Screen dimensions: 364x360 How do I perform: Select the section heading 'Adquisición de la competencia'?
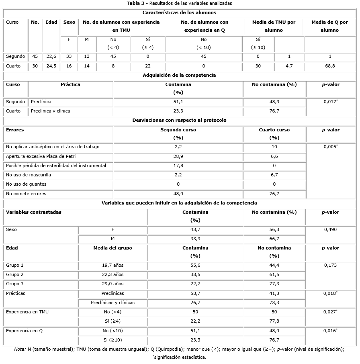pos(180,75)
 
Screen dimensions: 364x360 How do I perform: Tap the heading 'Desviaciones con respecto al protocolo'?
pos(179,120)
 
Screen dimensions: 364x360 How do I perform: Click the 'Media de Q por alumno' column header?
pos(330,26)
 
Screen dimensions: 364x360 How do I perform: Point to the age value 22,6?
pos(51,57)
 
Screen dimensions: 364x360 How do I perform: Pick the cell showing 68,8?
pos(330,66)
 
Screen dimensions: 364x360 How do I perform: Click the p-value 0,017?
pos(330,102)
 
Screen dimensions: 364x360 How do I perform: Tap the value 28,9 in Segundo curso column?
pos(178,156)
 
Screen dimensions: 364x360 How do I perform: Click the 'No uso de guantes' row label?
pos(26,184)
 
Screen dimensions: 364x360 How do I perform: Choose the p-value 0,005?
pos(330,147)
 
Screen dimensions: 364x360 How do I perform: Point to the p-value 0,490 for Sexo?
pos(330,230)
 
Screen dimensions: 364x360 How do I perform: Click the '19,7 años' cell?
pos(112,266)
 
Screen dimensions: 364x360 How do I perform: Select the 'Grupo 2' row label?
pos(15,275)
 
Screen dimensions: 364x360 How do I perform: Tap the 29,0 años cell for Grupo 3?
pos(112,284)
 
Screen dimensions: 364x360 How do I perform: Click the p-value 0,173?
pos(330,266)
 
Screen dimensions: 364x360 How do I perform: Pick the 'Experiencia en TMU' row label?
pos(28,312)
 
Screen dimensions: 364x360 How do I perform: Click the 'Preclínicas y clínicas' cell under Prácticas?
pos(112,303)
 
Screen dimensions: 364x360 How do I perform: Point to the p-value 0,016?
pos(330,331)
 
